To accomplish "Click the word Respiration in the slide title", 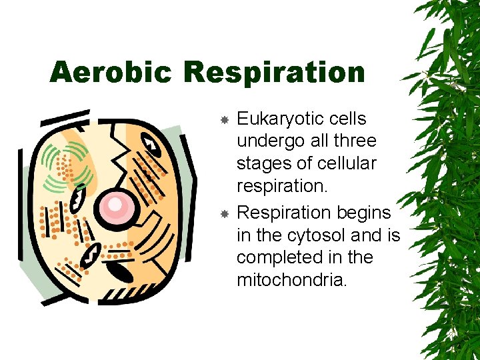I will click(x=274, y=72).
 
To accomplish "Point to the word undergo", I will click(x=265, y=142).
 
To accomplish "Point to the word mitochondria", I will click(x=292, y=281).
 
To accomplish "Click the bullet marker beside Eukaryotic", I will click(x=225, y=119).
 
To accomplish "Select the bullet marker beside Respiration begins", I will click(x=225, y=213).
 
